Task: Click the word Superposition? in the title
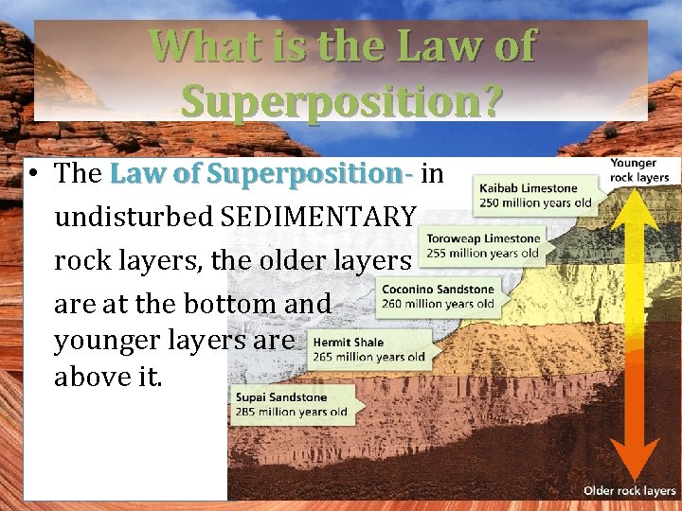(342, 99)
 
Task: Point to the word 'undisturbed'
(133, 217)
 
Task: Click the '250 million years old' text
(535, 202)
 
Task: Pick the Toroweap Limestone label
(483, 239)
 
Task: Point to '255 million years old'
(483, 253)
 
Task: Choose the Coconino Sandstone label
(438, 290)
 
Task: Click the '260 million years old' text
(438, 304)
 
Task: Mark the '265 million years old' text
(368, 357)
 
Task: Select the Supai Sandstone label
(280, 398)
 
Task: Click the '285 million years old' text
(292, 413)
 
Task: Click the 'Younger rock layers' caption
(639, 170)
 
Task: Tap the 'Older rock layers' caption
(630, 490)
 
